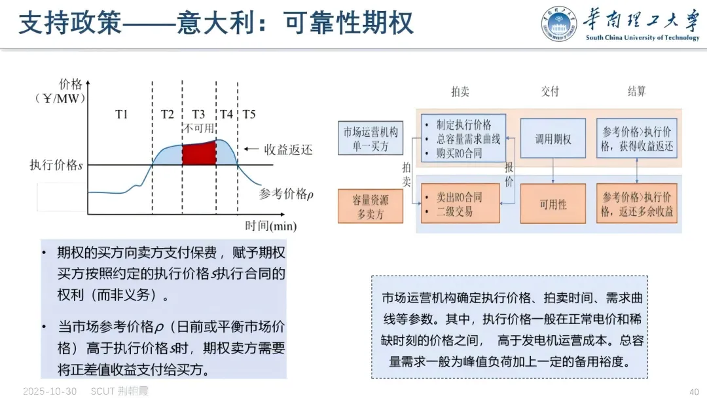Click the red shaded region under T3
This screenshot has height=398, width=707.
(198, 154)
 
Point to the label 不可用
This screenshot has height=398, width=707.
(198, 128)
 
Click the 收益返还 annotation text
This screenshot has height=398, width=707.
(288, 149)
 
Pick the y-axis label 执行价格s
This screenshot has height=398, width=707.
(56, 165)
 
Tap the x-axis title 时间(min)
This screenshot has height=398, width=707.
(270, 226)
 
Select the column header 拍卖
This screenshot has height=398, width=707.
(460, 92)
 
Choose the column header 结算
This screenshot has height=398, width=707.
(637, 92)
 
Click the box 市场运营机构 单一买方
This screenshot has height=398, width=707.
(371, 138)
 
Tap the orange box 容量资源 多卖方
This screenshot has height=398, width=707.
(371, 206)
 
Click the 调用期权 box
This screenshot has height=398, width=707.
(553, 139)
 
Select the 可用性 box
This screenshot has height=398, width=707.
(553, 204)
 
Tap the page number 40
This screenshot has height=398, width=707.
(695, 391)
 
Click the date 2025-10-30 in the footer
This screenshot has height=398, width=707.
(50, 391)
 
